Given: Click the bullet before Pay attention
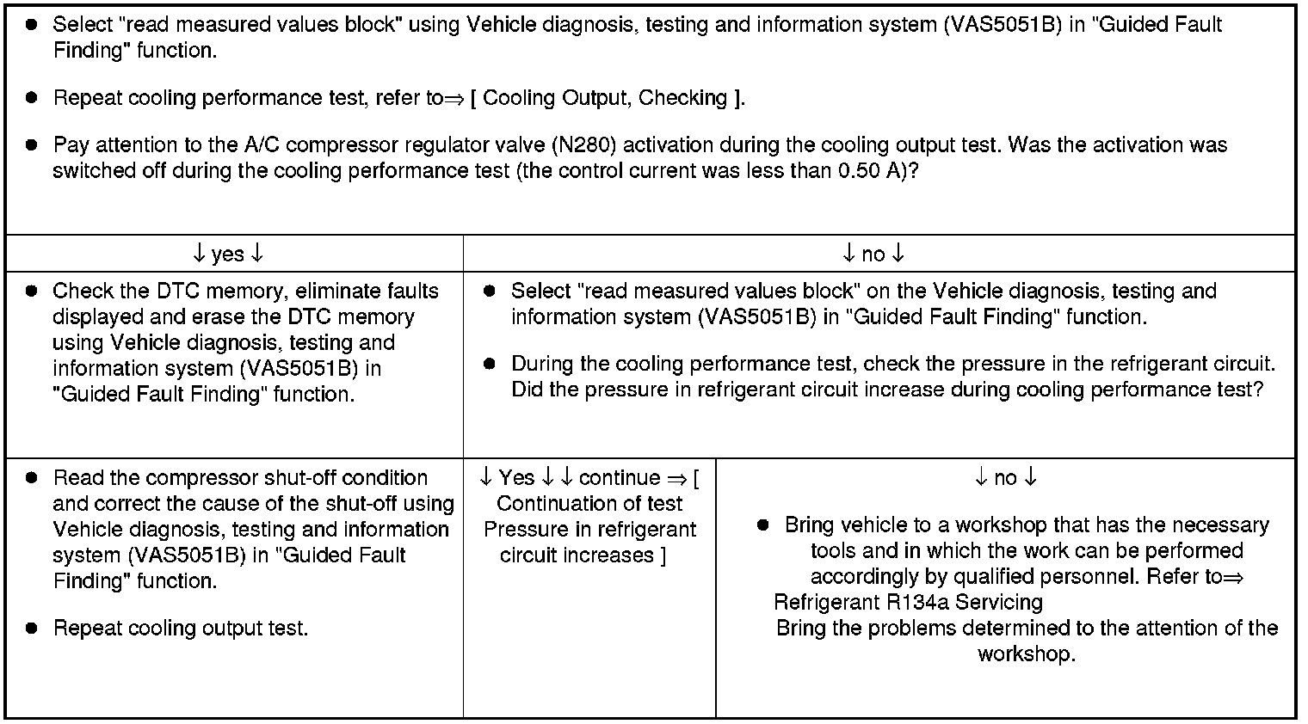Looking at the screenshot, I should (31, 144).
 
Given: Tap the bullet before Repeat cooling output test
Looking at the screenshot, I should (31, 628).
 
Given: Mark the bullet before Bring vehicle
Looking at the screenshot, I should (762, 525).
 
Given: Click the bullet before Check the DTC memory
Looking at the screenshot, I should (31, 291).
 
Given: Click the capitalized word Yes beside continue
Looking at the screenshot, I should (516, 477).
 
